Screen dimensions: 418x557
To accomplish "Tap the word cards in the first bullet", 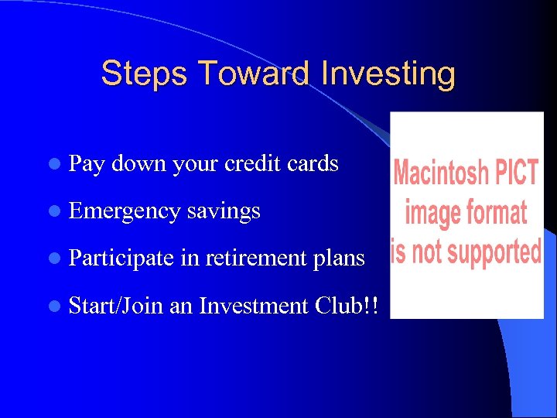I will tap(313, 164).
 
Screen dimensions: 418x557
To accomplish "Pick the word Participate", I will tap(121, 259).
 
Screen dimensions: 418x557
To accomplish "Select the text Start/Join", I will tap(115, 306).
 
